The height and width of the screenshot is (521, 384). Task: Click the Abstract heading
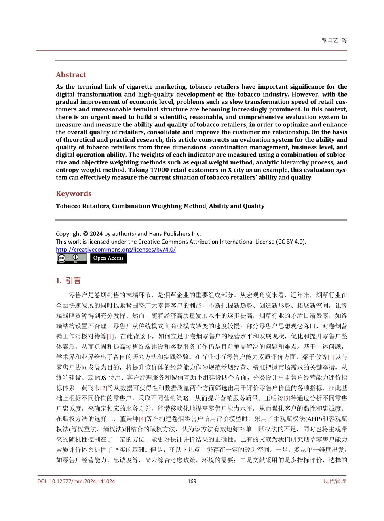pyautogui.click(x=71, y=75)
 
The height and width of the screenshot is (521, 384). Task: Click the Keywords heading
pyautogui.click(x=74, y=194)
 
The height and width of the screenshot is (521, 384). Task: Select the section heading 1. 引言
pyautogui.click(x=68, y=281)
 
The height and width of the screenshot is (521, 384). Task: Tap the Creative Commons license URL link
pyautogui.click(x=116, y=250)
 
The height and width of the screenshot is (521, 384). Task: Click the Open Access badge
pyautogui.click(x=108, y=258)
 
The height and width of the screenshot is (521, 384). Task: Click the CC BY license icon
pyautogui.click(x=71, y=258)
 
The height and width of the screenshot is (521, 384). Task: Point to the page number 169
pyautogui.click(x=192, y=481)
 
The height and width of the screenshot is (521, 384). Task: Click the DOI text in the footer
pyautogui.click(x=76, y=481)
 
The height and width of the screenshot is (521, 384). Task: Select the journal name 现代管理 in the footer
pyautogui.click(x=335, y=481)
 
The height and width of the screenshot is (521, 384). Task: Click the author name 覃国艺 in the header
pyautogui.click(x=330, y=40)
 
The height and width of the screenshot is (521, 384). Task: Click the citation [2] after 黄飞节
pyautogui.click(x=103, y=388)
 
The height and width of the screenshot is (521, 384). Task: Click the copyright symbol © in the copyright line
pyautogui.click(x=85, y=234)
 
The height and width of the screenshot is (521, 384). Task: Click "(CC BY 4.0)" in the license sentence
pyautogui.click(x=291, y=242)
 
